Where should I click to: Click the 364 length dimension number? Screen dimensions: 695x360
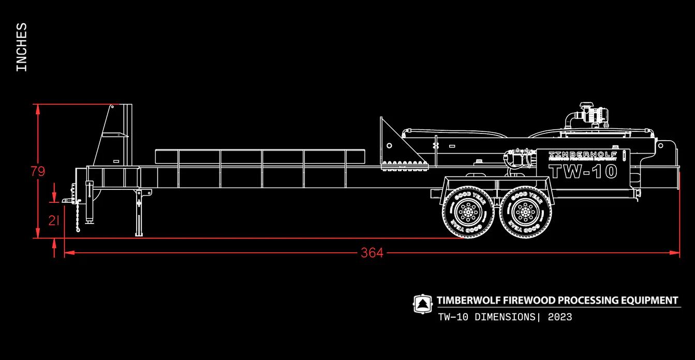[372, 253]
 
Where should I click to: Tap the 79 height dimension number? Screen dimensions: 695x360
[38, 172]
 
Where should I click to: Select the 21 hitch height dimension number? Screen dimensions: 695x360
[54, 221]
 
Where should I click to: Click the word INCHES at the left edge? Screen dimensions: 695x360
[22, 47]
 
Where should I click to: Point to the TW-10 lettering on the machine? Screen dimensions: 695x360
[583, 172]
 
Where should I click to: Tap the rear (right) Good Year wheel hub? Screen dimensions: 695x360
[525, 211]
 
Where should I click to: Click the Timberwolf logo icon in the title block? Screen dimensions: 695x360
[422, 304]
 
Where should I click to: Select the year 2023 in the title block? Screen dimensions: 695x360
[560, 317]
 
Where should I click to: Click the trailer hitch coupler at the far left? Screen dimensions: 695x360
[68, 200]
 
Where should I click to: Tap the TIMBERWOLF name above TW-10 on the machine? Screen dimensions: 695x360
[583, 155]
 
